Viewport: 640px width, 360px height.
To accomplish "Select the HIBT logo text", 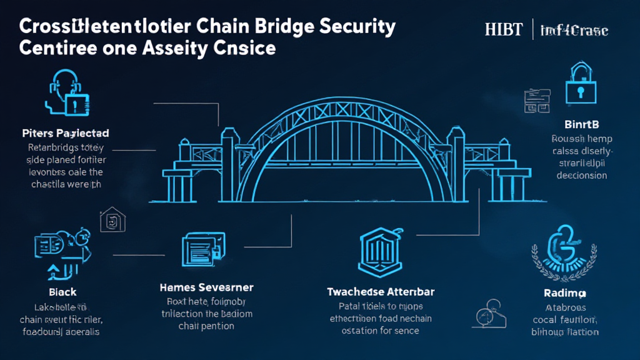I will [x=504, y=29].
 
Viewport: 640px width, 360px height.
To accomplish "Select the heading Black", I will [x=62, y=292].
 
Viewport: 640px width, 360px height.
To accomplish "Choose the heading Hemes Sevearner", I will [x=207, y=287].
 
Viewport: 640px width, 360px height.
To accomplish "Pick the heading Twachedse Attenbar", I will [x=381, y=292].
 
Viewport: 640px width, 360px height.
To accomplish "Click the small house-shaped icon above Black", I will [x=112, y=221].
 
